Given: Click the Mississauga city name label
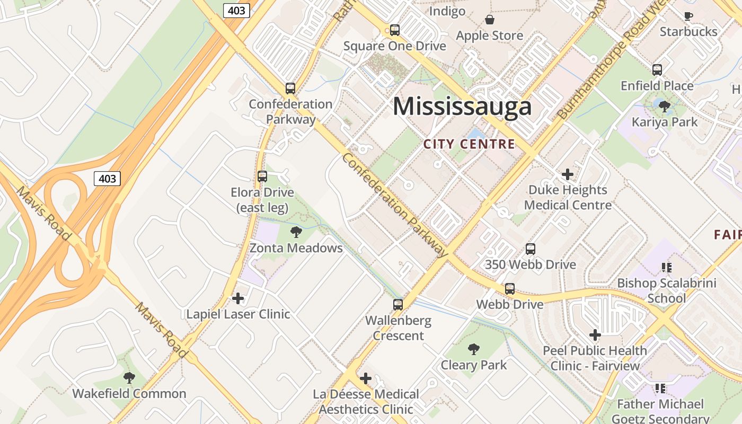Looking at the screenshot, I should coord(462,107).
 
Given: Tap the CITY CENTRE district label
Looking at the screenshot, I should coord(469,144).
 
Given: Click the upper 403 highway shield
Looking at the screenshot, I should coord(236,10).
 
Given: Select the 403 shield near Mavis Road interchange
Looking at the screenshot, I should coord(107,179).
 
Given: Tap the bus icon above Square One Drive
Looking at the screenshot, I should coord(394,30).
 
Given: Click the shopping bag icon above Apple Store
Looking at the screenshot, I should coord(490,20).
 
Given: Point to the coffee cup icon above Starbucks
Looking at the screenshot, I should coord(688,16).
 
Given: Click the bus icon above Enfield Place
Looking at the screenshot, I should coord(657,70).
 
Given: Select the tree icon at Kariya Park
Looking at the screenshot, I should coord(664,107).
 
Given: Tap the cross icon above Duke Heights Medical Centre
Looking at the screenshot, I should coord(568,174).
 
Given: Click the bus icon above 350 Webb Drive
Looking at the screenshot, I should coord(531,249).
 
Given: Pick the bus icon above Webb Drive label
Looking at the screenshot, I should coord(509,289).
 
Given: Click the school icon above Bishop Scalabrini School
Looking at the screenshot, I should coord(666,268).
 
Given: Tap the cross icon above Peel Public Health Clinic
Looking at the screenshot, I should coord(595,335).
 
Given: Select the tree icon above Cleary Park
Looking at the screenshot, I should coord(474,349).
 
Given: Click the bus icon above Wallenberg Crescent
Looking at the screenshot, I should coord(398,305).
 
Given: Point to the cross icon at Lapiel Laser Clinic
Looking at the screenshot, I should coord(238,298).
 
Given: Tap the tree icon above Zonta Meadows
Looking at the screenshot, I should coord(296,232).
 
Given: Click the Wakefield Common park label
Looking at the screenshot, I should coord(129,393).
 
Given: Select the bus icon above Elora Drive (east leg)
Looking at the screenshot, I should coord(262,176).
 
